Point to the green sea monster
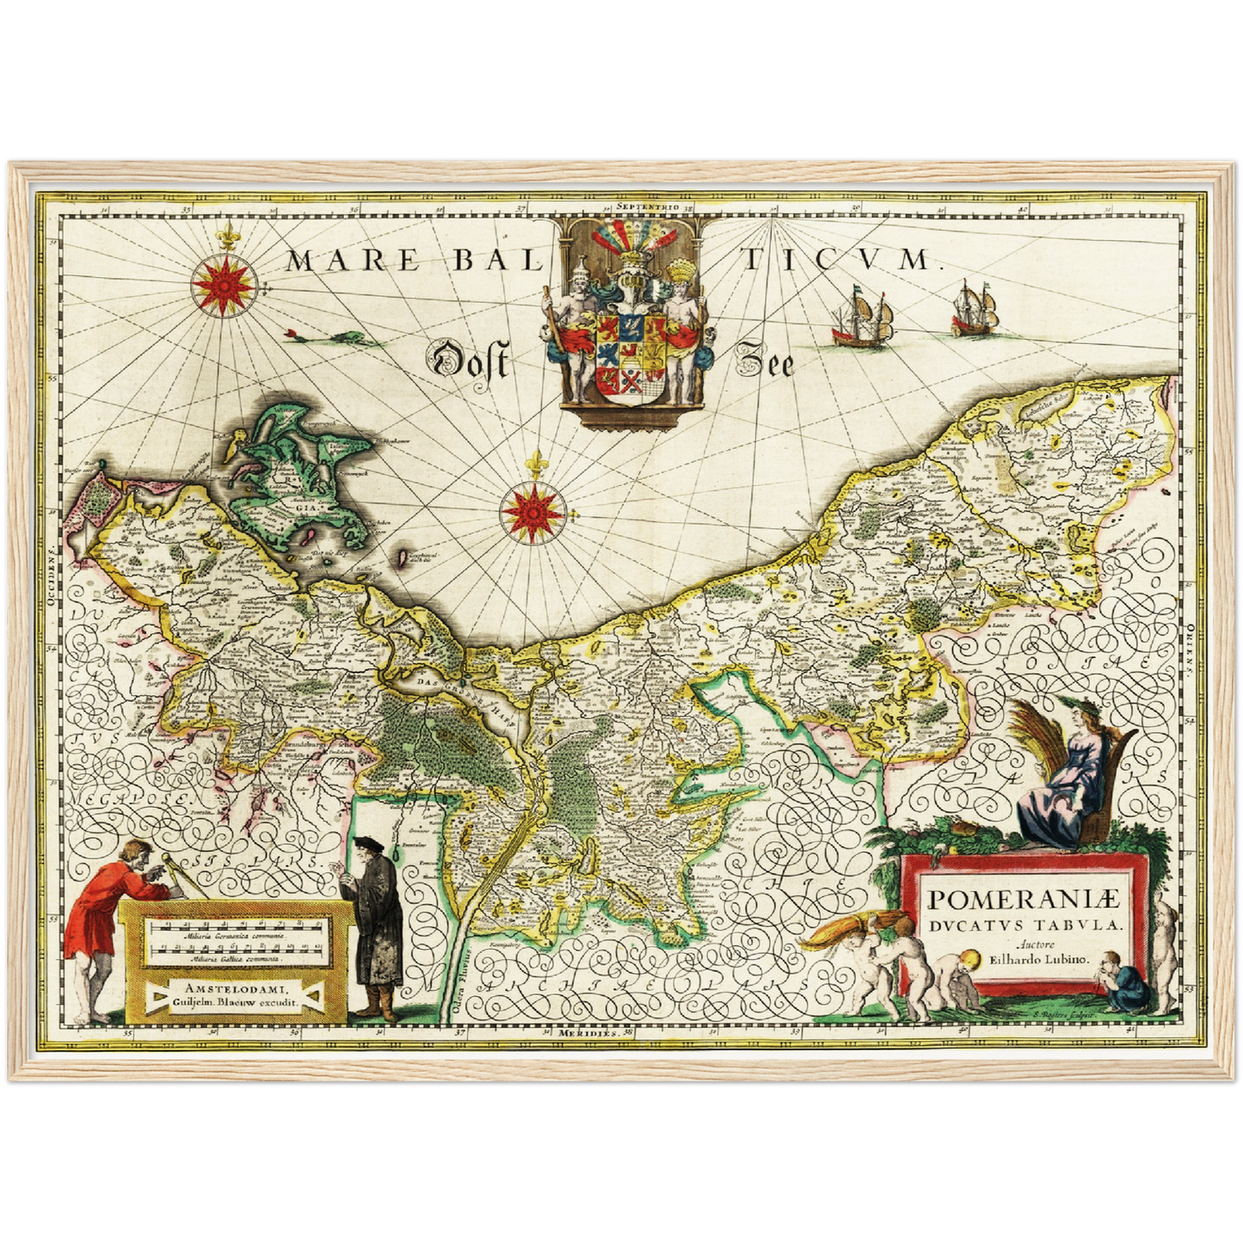tap(348, 339)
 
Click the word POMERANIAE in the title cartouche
tap(1025, 900)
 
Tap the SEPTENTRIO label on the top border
tap(648, 207)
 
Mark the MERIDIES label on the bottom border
tap(587, 1032)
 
